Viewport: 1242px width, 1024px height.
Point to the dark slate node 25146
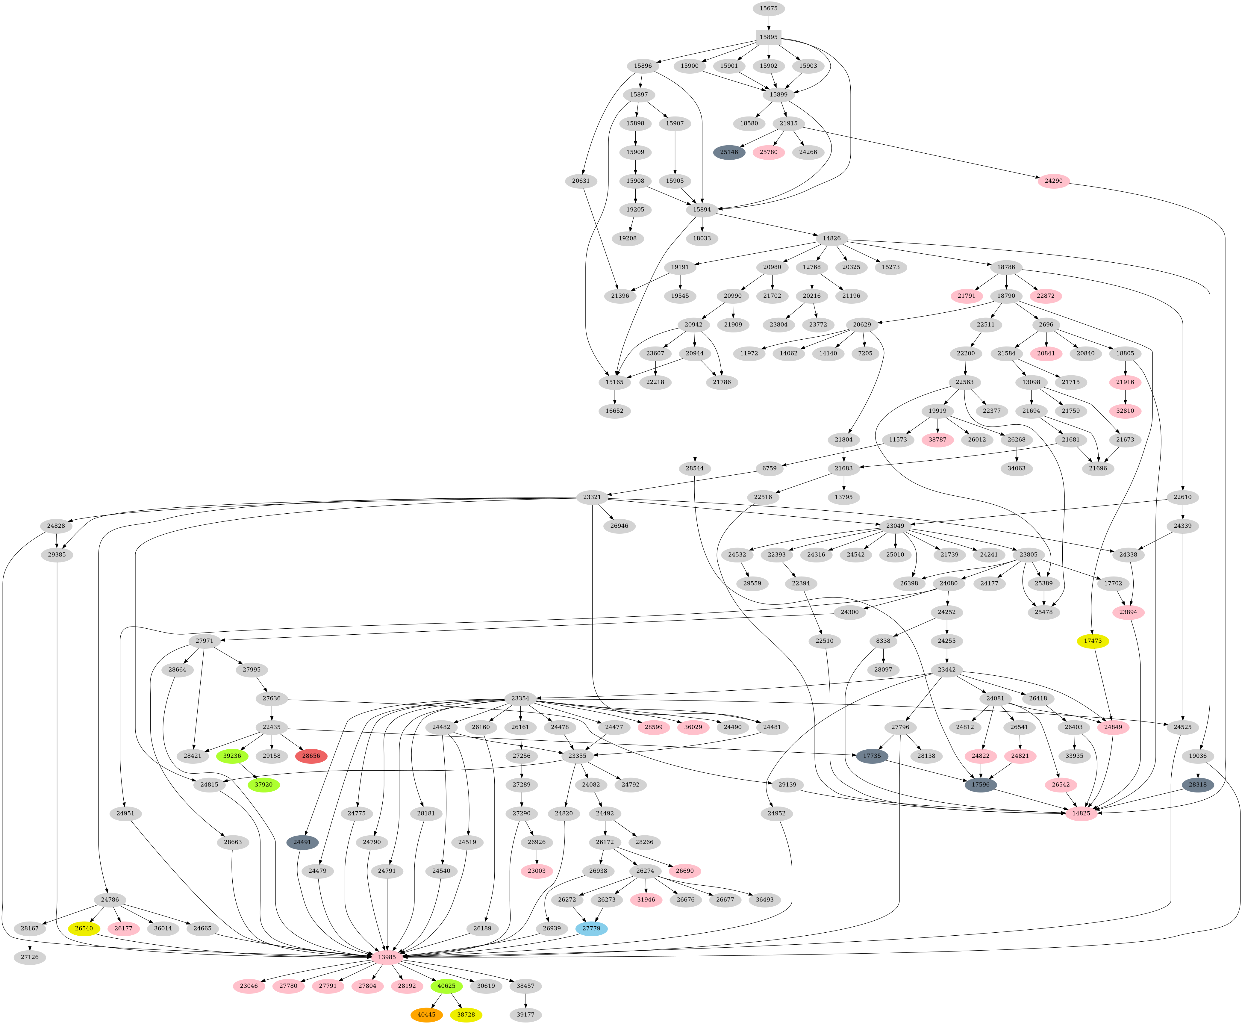pyautogui.click(x=729, y=152)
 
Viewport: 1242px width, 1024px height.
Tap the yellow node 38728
pyautogui.click(x=466, y=1014)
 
